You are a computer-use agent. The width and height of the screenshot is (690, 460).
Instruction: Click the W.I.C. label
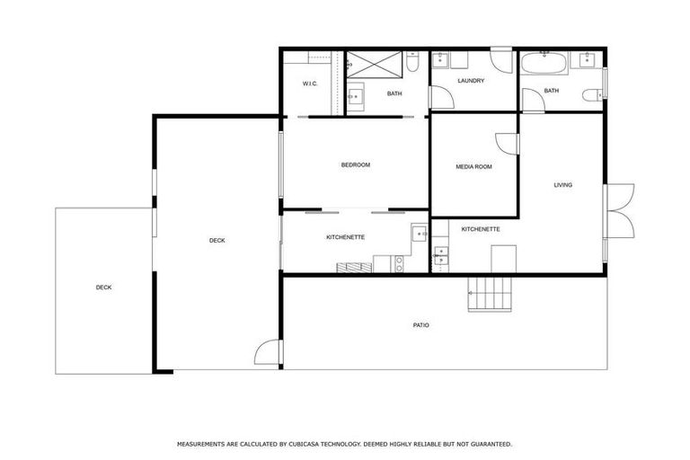pos(310,84)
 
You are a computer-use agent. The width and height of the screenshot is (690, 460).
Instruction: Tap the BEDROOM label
pos(355,164)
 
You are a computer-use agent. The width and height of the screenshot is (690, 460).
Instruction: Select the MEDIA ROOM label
pos(473,166)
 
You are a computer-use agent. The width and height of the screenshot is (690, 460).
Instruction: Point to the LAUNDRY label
pos(471,81)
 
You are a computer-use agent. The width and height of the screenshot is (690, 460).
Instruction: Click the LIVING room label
pos(562,185)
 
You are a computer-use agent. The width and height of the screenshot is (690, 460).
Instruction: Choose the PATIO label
pos(420,324)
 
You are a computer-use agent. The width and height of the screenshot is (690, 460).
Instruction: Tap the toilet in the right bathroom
pos(592,95)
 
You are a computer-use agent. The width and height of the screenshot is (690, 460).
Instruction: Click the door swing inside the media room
pos(505,144)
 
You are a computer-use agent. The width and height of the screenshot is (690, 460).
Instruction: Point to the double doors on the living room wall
pos(620,211)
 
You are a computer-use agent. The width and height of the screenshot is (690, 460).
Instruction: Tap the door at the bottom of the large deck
pos(267,353)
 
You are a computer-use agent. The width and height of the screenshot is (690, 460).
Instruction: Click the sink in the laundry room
pos(440,61)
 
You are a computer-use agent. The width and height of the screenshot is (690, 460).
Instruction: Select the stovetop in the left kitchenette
pos(399,263)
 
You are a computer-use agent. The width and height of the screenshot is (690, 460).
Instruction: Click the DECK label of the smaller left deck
pos(104,287)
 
